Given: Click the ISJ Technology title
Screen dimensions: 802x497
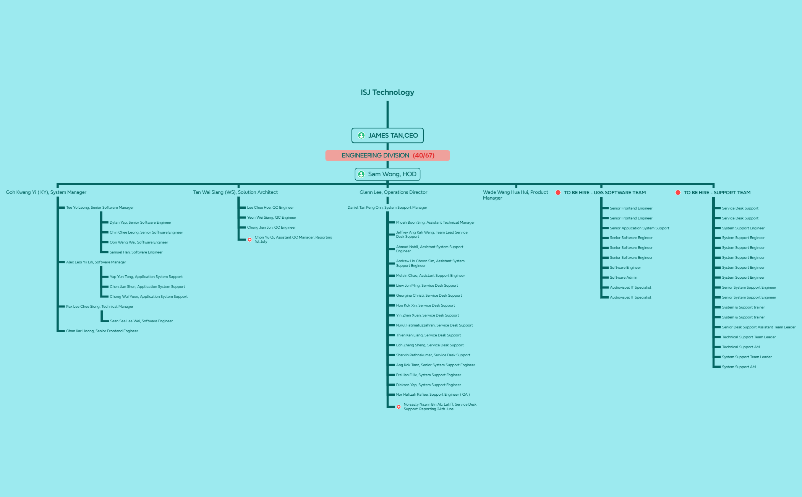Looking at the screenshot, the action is pyautogui.click(x=387, y=92).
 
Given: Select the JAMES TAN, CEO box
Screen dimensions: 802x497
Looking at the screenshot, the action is pyautogui.click(x=387, y=135).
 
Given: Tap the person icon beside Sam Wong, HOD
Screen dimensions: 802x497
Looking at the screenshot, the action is pyautogui.click(x=361, y=174).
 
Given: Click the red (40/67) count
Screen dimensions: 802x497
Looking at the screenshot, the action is pyautogui.click(x=423, y=156).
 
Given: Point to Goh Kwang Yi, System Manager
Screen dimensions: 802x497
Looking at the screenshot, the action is pyautogui.click(x=46, y=192).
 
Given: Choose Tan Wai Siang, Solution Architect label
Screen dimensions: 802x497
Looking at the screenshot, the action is pyautogui.click(x=235, y=192).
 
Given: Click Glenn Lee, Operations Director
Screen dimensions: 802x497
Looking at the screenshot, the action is pyautogui.click(x=393, y=192).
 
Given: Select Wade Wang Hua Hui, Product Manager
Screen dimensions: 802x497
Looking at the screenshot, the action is pyautogui.click(x=515, y=195).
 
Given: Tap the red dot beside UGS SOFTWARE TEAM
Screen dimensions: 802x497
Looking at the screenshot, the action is pyautogui.click(x=558, y=193).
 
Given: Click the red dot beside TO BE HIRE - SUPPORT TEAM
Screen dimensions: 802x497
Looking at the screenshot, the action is pyautogui.click(x=678, y=193).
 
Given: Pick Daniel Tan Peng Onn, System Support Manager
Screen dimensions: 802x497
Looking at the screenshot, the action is pyautogui.click(x=387, y=208).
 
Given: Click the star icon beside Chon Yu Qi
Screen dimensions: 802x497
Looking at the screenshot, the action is pyautogui.click(x=250, y=240).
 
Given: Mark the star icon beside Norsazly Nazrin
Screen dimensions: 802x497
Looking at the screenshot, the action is pyautogui.click(x=399, y=407).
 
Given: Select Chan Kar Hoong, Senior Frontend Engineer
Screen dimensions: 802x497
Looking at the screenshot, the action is pyautogui.click(x=102, y=331).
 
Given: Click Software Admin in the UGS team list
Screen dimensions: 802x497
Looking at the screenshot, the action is pyautogui.click(x=624, y=278).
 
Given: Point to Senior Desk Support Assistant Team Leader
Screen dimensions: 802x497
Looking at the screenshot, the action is pyautogui.click(x=759, y=327).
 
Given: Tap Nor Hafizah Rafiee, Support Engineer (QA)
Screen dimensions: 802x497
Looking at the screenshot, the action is pyautogui.click(x=433, y=395).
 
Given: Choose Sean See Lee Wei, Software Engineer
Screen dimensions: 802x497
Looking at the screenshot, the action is pyautogui.click(x=141, y=321).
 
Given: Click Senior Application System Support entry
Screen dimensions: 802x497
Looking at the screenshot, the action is pyautogui.click(x=640, y=228).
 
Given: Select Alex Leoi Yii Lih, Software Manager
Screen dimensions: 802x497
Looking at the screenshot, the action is pyautogui.click(x=96, y=262).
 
